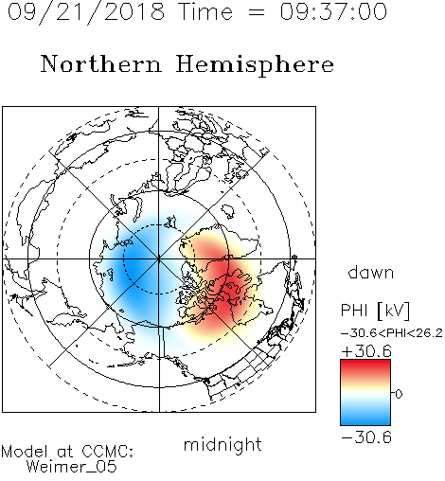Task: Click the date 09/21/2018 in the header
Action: coord(86,12)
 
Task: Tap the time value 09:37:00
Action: coord(333,11)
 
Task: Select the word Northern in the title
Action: coord(101,63)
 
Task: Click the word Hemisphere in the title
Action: coord(255,65)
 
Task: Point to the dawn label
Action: coord(371,272)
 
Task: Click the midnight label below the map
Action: coord(222,445)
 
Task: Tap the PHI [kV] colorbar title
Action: coord(375,311)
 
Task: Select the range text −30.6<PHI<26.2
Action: coord(392,333)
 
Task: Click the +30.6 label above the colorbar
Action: coord(366,351)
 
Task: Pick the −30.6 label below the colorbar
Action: coord(366,437)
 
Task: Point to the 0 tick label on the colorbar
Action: coord(399,394)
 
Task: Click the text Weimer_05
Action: coord(72,467)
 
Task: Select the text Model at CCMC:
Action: coord(67,452)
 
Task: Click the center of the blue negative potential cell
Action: coord(134,268)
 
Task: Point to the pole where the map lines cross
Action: coord(159,259)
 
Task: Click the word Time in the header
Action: coord(205,11)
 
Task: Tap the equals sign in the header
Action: coord(257,12)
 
